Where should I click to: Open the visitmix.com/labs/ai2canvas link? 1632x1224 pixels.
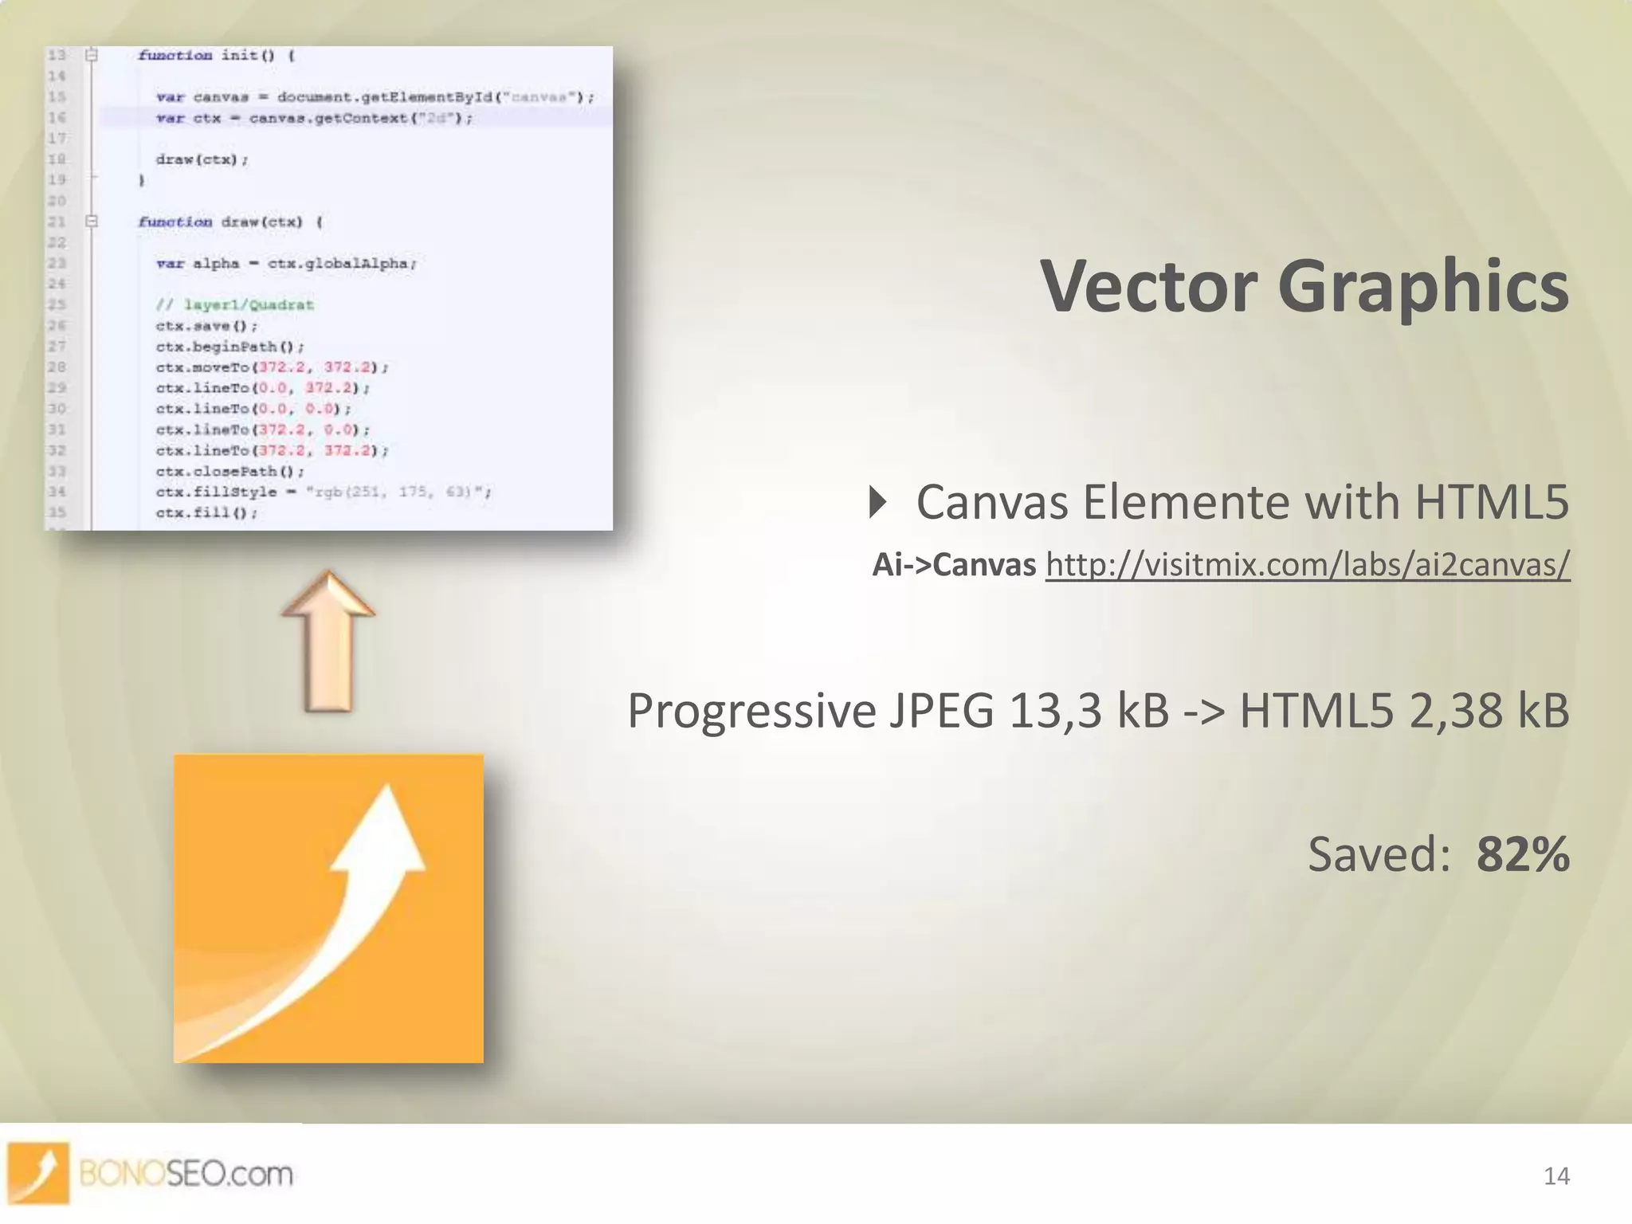click(1307, 564)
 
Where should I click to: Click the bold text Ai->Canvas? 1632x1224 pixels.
click(954, 564)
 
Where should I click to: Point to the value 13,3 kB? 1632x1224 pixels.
click(1089, 710)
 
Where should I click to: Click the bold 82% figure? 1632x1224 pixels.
click(1522, 854)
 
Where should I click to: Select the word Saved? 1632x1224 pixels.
click(1379, 854)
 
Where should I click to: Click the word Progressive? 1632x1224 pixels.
click(751, 712)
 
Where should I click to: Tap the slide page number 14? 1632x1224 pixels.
click(1555, 1176)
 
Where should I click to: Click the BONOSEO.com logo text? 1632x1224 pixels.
click(186, 1174)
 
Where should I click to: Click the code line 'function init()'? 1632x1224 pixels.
click(215, 55)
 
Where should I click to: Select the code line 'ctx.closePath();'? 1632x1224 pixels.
click(229, 471)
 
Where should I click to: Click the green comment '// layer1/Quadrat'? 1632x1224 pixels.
click(234, 304)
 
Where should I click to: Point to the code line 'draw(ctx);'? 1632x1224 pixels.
click(202, 159)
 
